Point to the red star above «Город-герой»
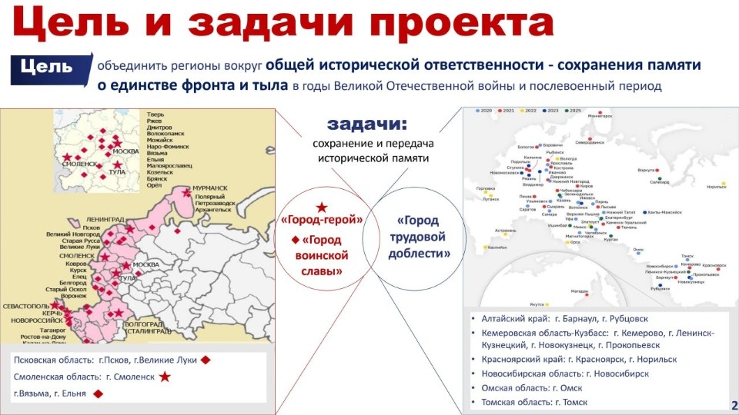pyautogui.click(x=322, y=207)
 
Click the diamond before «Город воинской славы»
pyautogui.click(x=296, y=241)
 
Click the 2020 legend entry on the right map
pyautogui.click(x=486, y=111)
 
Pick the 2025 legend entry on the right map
pyautogui.click(x=573, y=111)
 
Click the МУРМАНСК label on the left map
pyautogui.click(x=209, y=188)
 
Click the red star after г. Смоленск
pyautogui.click(x=165, y=377)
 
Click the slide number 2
pyautogui.click(x=734, y=405)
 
